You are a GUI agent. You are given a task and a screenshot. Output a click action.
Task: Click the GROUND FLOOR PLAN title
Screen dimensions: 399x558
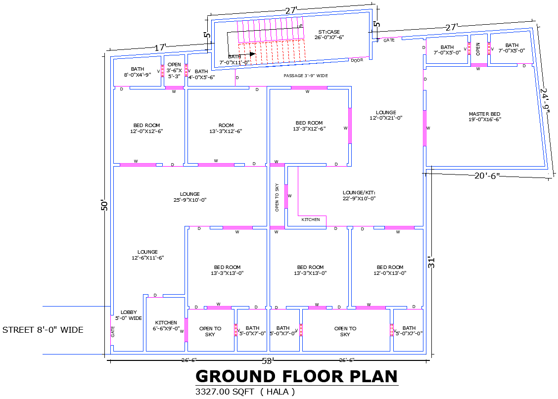point(297,377)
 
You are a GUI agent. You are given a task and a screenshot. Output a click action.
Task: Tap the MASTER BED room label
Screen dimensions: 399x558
point(484,117)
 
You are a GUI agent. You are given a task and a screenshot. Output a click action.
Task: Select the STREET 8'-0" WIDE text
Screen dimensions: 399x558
point(43,330)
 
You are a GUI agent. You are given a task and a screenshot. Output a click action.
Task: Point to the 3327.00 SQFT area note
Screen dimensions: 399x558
point(245,392)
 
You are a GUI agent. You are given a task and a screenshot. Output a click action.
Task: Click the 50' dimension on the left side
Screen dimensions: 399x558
point(104,205)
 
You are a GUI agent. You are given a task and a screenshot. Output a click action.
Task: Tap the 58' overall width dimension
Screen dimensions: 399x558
point(268,361)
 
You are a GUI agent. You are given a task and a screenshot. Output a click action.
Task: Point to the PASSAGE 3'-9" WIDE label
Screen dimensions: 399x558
point(306,76)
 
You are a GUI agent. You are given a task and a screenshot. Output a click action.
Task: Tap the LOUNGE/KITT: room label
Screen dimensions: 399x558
point(360,195)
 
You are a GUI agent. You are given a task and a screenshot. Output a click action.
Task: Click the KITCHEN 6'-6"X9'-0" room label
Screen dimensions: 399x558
point(166,325)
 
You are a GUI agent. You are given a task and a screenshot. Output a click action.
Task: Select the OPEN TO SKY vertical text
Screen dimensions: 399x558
point(277,197)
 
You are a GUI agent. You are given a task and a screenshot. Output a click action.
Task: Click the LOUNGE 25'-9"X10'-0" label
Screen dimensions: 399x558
point(190,197)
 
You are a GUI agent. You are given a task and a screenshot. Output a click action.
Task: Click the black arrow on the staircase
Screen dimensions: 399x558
point(251,54)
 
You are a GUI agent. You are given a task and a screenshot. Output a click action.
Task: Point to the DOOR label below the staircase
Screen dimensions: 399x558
point(357,60)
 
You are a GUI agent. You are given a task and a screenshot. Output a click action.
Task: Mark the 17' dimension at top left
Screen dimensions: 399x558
point(160,48)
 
